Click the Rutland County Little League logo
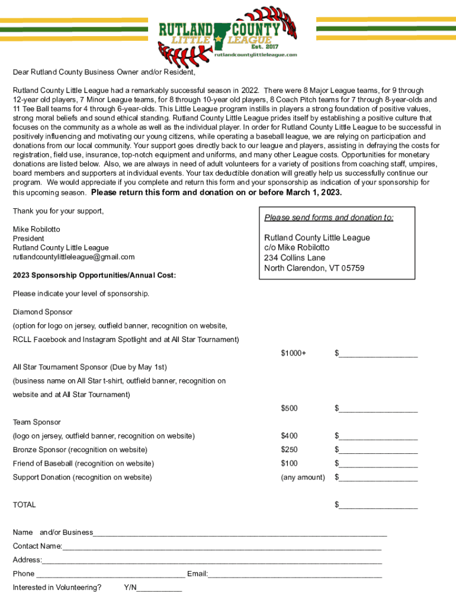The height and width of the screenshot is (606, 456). coord(228,33)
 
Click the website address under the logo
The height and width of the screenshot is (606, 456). coord(255,54)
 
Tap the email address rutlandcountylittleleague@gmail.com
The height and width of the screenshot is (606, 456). coord(74,257)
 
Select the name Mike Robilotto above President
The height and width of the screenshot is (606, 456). coord(37,229)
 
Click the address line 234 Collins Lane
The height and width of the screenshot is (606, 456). coord(294,258)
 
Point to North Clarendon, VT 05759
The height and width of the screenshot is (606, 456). coord(314,268)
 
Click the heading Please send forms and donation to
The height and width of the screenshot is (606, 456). coord(329,218)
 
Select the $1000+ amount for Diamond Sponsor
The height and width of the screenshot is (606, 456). coord(294,353)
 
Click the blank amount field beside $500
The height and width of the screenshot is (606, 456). coord(378,408)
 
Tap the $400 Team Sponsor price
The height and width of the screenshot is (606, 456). coord(289,436)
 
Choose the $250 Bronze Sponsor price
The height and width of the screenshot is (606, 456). coord(289,450)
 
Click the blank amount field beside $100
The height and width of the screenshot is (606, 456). coord(378,463)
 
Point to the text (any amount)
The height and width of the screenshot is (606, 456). coord(303,477)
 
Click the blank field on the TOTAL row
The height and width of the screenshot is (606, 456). coord(378,505)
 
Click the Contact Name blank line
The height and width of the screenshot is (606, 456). coord(222,546)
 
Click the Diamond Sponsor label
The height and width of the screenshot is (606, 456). coord(43,312)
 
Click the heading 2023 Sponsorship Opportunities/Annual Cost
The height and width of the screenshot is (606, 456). coord(94,276)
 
